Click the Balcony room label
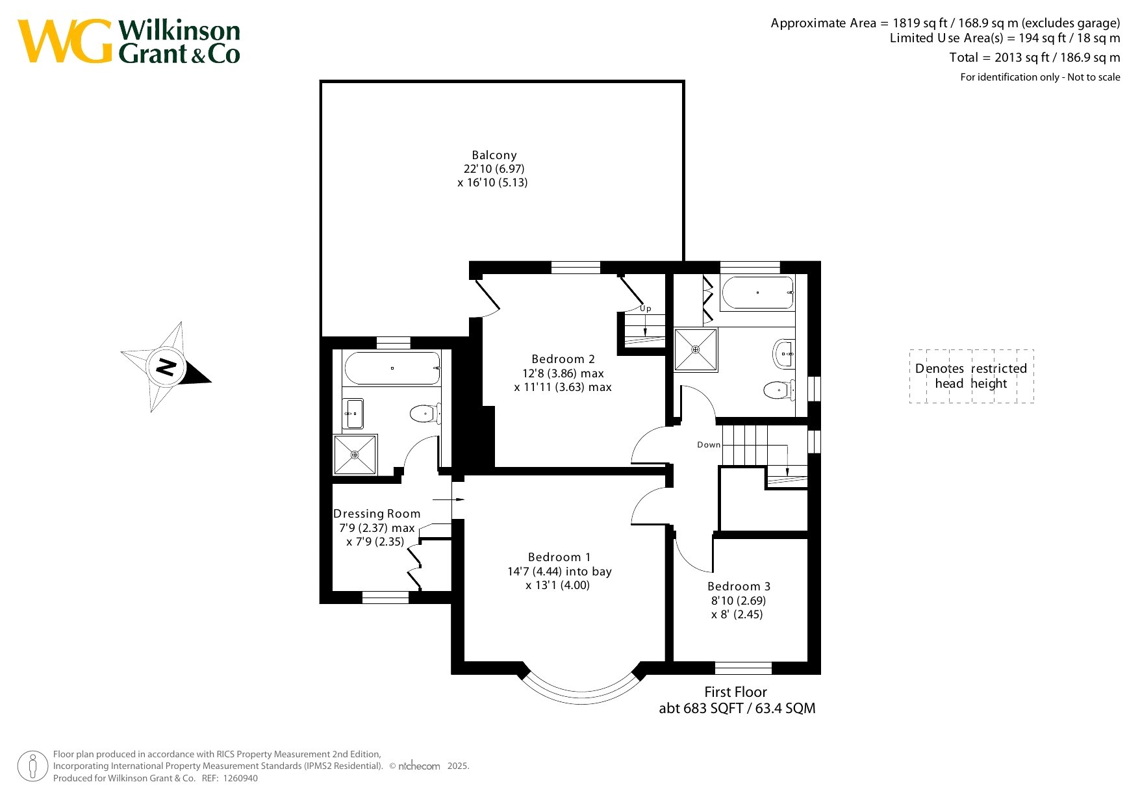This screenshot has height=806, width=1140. click(494, 155)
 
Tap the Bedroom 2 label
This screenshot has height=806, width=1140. click(563, 359)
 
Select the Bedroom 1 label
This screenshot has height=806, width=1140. click(559, 557)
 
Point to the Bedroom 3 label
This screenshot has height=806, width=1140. click(739, 586)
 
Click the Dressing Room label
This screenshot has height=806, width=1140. click(377, 514)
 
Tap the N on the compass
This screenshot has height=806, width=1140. click(166, 367)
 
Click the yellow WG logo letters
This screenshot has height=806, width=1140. click(65, 42)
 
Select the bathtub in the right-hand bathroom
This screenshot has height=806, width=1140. click(757, 293)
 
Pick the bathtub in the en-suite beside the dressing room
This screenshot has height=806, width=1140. click(392, 368)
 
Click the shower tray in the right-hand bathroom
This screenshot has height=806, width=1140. click(696, 350)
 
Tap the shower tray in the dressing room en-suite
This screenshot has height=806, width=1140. click(355, 455)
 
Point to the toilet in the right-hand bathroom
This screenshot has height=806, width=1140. click(779, 390)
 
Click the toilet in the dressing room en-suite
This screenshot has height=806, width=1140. click(425, 413)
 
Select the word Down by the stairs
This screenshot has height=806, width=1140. click(709, 445)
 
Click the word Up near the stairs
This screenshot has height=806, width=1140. click(646, 309)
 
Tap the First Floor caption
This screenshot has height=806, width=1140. click(735, 692)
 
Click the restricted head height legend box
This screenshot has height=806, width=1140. click(971, 376)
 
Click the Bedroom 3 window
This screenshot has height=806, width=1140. click(743, 668)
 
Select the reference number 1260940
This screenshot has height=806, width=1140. click(240, 778)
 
